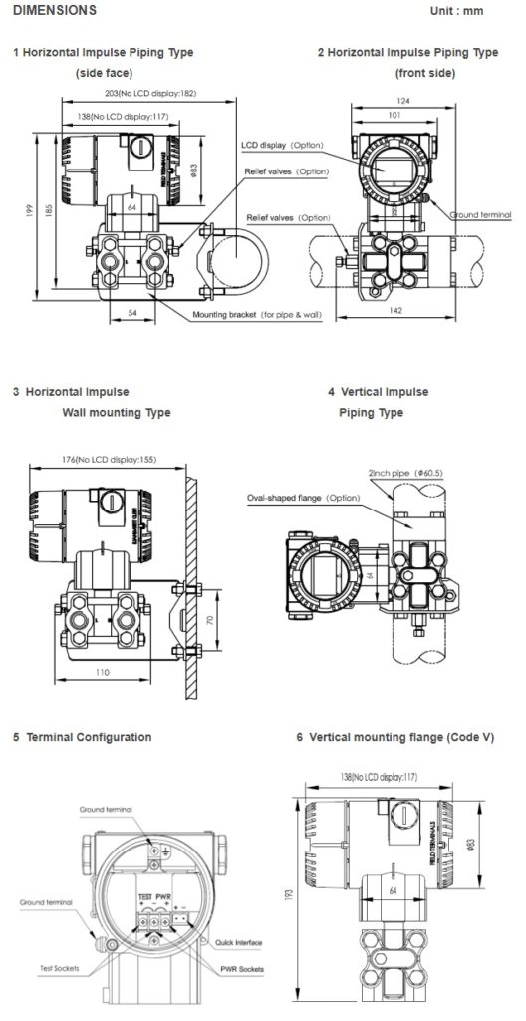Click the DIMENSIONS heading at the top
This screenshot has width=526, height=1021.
coord(56,10)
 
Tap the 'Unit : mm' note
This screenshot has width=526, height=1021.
coord(458,10)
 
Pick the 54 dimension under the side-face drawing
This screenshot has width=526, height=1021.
coord(133,313)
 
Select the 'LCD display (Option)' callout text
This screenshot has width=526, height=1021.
coord(283,145)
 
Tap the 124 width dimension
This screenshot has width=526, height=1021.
coord(403,100)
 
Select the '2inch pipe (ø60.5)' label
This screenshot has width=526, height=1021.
coord(396,475)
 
